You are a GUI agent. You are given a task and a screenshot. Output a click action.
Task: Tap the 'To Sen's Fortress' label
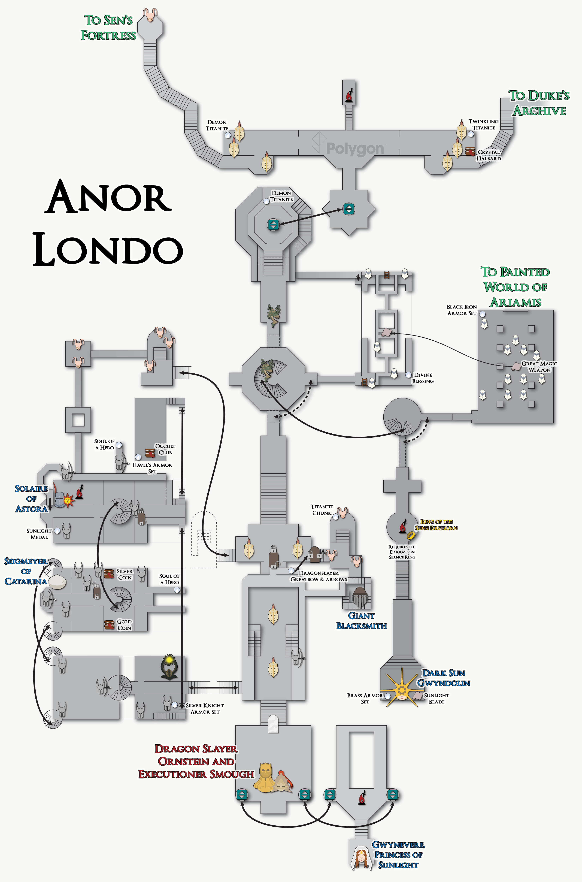(x=108, y=28)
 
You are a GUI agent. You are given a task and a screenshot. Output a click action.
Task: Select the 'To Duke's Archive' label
(x=539, y=103)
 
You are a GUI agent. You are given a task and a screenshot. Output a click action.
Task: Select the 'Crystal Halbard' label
(x=489, y=155)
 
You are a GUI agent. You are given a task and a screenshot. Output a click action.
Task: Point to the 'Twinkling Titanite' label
(x=483, y=124)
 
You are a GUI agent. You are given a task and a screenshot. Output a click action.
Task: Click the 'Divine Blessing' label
(x=423, y=378)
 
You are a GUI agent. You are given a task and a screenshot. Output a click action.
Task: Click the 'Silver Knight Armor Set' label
(x=205, y=708)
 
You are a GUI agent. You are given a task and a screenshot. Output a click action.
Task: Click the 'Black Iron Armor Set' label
(x=462, y=310)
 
